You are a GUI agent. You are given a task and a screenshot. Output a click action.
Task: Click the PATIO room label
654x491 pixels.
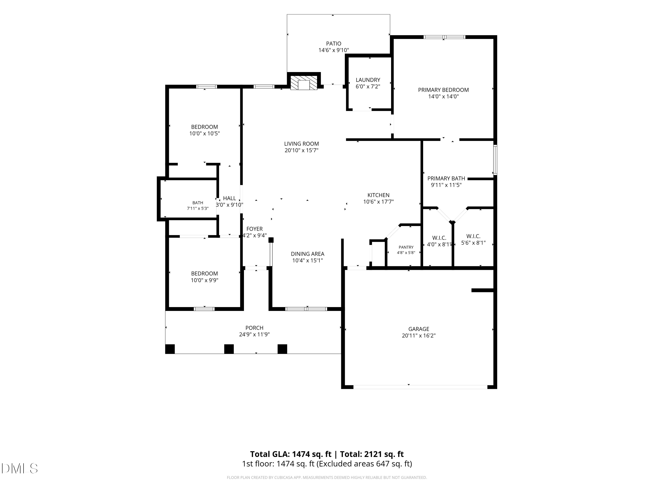(x=334, y=43)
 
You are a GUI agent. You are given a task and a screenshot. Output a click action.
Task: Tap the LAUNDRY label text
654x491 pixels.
(x=368, y=80)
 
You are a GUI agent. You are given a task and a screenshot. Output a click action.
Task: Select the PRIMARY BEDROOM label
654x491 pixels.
(x=443, y=90)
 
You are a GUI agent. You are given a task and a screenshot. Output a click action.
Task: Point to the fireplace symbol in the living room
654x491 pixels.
(x=304, y=83)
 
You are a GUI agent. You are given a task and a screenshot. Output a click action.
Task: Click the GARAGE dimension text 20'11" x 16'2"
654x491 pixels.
(x=419, y=335)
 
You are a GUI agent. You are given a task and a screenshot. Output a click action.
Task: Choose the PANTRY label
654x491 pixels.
(x=406, y=247)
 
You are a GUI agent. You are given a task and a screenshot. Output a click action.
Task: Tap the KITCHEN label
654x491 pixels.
(x=378, y=195)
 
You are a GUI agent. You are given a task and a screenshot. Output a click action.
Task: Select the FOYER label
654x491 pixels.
(x=254, y=229)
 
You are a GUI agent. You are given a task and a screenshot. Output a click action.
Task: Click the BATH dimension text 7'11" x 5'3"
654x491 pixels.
(x=198, y=208)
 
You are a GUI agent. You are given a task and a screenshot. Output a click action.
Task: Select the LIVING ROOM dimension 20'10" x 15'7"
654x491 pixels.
(x=301, y=150)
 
